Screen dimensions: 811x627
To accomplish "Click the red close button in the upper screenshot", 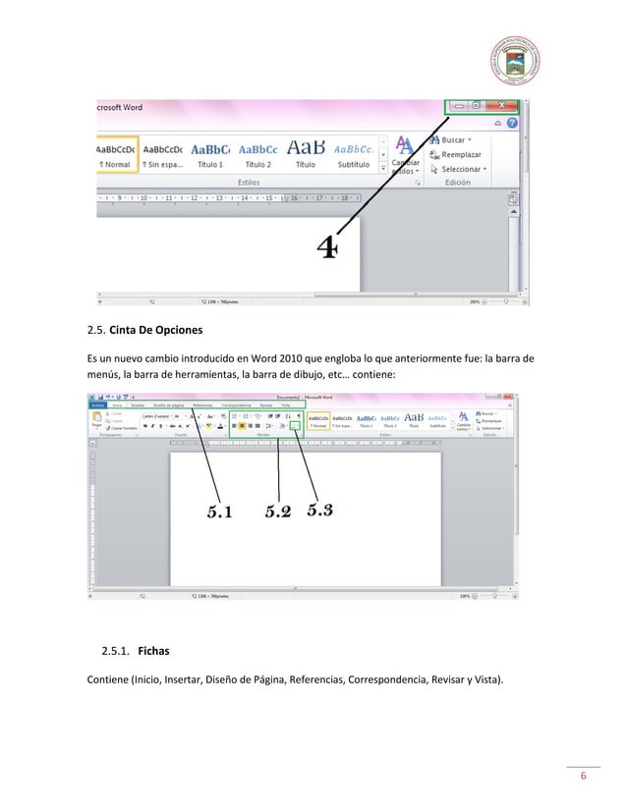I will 501,105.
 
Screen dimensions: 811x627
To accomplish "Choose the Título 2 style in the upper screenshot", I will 258,155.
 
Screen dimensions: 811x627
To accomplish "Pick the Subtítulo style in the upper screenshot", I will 354,155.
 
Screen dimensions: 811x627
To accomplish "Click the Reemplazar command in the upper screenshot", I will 460,154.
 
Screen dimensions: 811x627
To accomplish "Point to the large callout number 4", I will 327,249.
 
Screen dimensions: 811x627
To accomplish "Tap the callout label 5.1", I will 219,511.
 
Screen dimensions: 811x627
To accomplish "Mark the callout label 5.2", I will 278,511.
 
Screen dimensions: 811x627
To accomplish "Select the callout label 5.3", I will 320,510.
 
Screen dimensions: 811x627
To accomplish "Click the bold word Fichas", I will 154,650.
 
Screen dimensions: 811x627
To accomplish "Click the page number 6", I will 584,778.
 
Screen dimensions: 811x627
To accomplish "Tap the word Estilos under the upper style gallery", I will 250,183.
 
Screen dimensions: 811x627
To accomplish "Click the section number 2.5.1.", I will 115,650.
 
